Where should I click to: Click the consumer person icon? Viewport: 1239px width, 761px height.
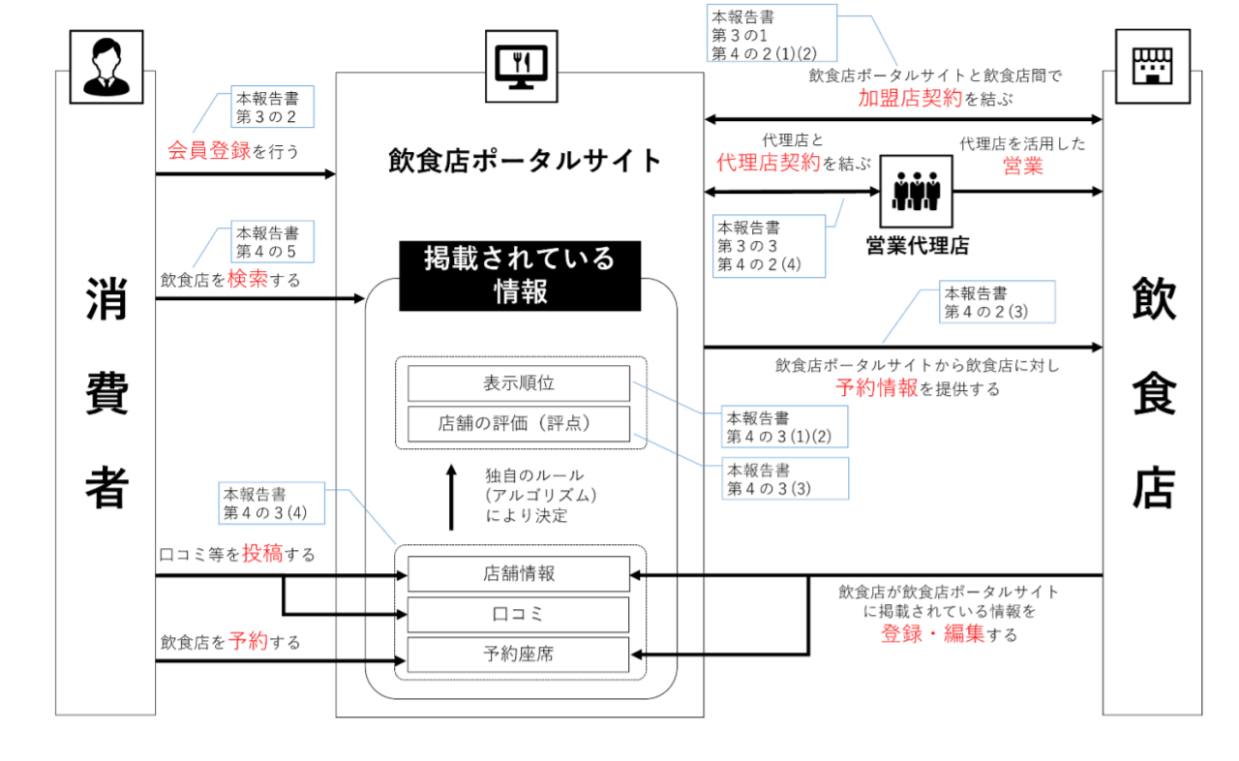click(106, 66)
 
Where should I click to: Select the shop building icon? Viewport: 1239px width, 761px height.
click(1152, 66)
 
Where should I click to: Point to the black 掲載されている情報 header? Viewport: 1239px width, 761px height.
click(520, 275)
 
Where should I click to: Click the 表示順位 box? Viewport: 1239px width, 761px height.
click(519, 383)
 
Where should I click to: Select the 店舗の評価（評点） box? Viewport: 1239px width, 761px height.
click(519, 424)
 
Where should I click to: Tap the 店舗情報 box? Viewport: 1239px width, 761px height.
click(519, 573)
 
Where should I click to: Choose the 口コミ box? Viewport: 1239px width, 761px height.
click(519, 614)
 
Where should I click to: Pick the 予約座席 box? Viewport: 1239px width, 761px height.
click(519, 654)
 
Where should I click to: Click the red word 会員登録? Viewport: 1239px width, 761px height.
click(209, 151)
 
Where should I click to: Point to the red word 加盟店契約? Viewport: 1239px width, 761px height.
click(910, 97)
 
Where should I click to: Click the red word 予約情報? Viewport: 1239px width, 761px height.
click(876, 388)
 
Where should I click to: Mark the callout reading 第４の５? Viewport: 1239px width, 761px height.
click(271, 242)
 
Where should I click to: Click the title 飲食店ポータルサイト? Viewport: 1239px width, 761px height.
click(525, 160)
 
